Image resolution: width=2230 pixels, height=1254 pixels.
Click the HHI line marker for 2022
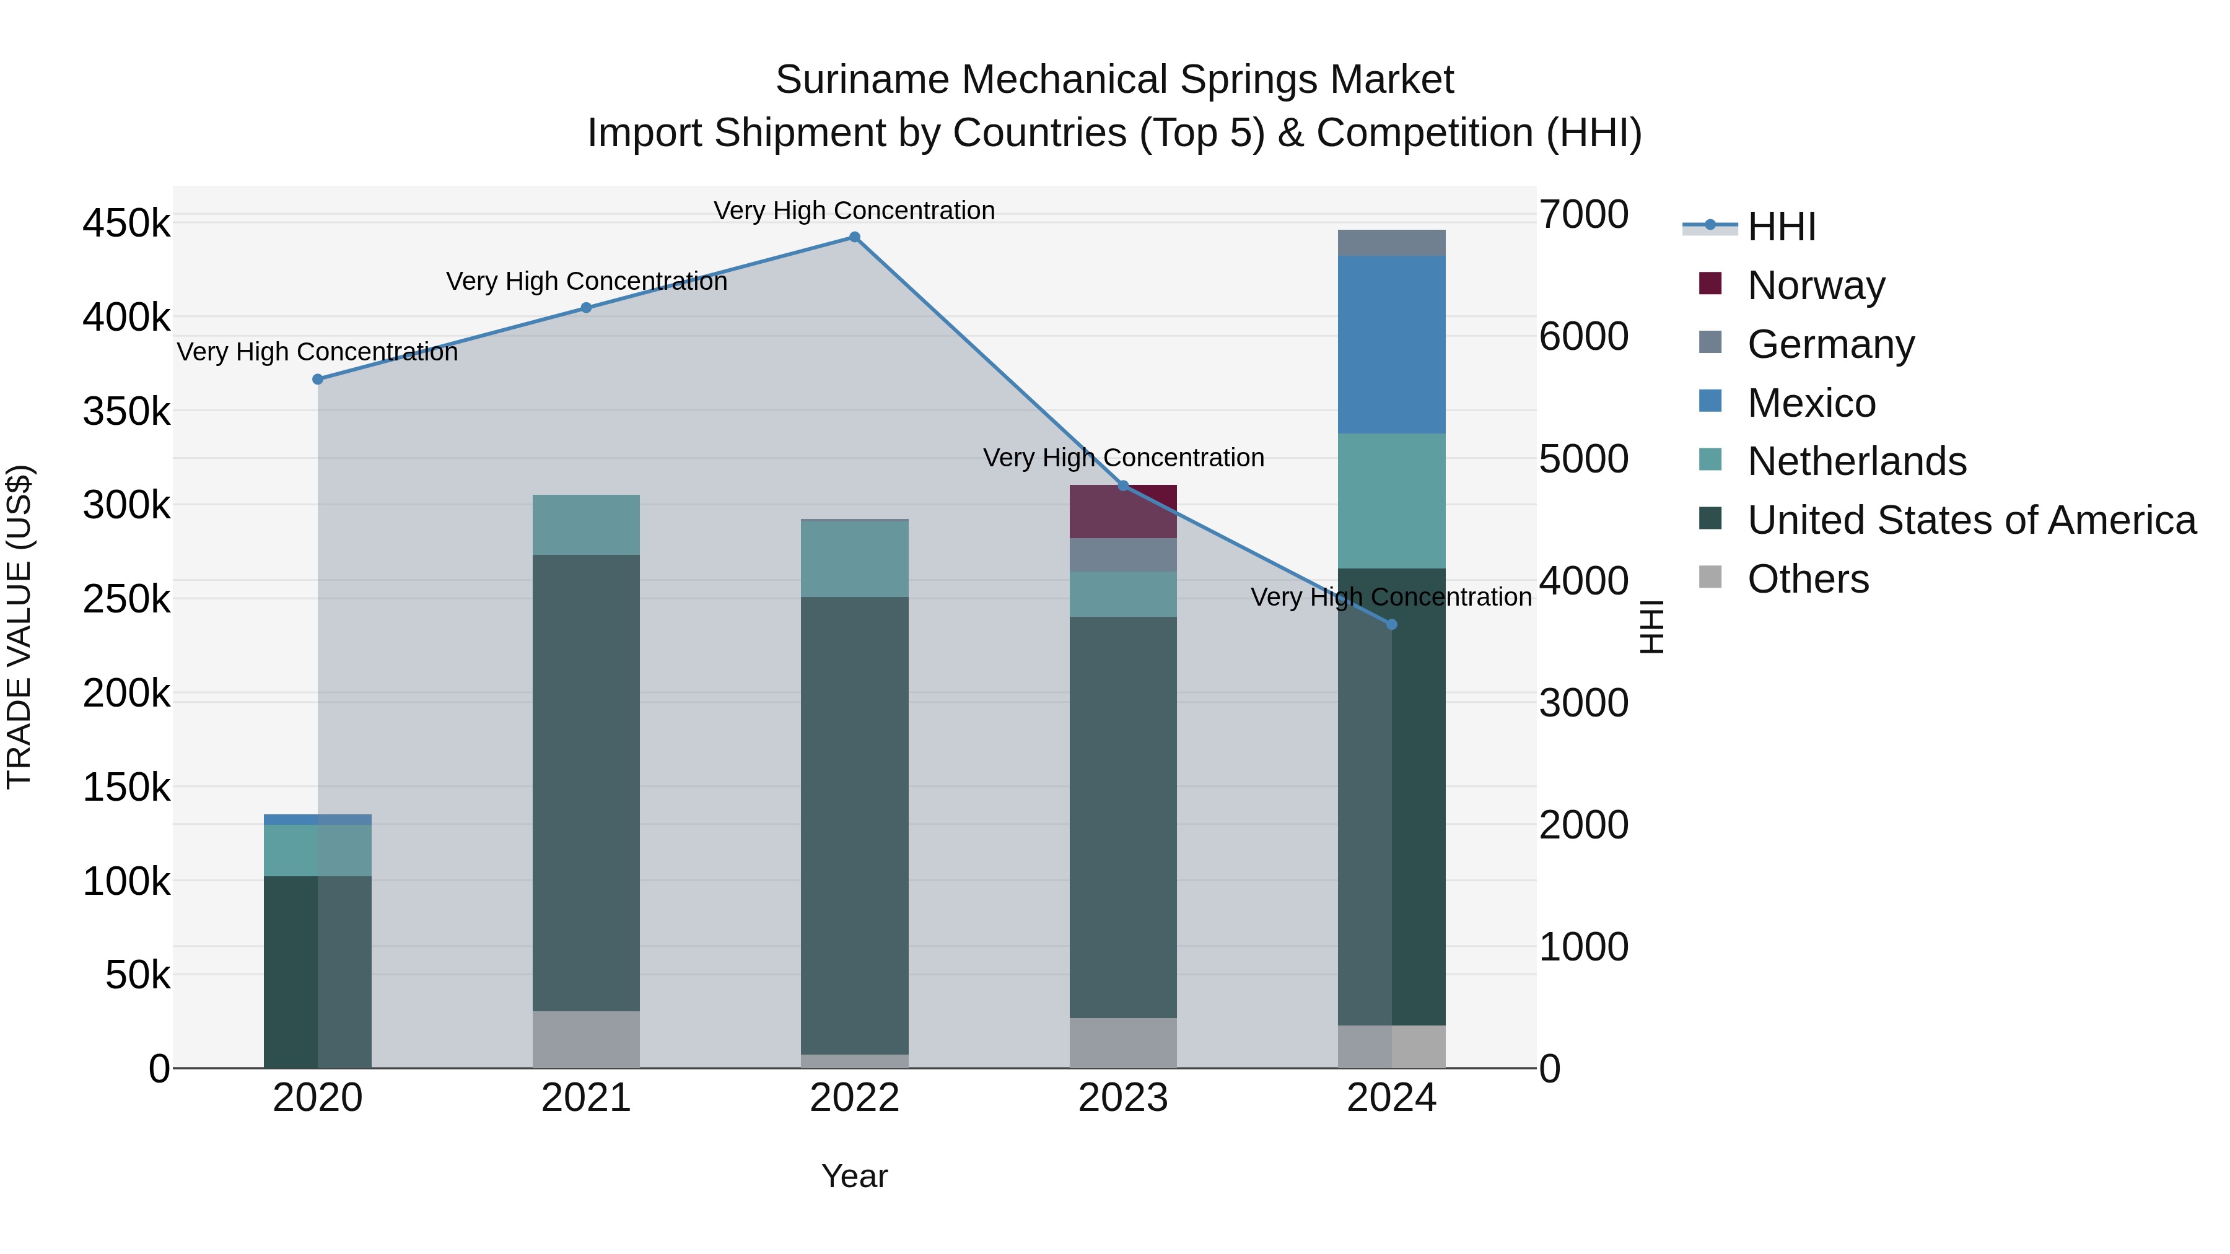pyautogui.click(x=854, y=237)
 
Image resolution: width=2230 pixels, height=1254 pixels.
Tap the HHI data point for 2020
pyautogui.click(x=318, y=379)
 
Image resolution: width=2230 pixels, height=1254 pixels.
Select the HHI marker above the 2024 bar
pyautogui.click(x=1392, y=625)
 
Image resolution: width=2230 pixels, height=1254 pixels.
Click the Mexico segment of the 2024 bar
pyautogui.click(x=1392, y=344)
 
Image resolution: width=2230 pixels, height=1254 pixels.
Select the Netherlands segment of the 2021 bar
pyautogui.click(x=586, y=525)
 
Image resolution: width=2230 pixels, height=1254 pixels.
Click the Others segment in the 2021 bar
pyautogui.click(x=586, y=1038)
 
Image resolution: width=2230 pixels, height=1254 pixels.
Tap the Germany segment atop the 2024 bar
pyautogui.click(x=1392, y=243)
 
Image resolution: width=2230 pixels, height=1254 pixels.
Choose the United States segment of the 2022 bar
pyautogui.click(x=854, y=825)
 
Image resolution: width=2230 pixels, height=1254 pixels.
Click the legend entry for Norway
pyautogui.click(x=1816, y=285)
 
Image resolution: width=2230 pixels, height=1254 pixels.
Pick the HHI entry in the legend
pyautogui.click(x=1781, y=227)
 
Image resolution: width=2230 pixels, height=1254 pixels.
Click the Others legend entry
pyautogui.click(x=1808, y=579)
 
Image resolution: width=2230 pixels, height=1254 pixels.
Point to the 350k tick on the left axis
pyautogui.click(x=127, y=411)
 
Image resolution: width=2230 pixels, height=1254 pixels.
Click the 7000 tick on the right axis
pyautogui.click(x=1583, y=215)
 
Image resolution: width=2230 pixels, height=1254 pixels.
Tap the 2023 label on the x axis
pyautogui.click(x=1123, y=1098)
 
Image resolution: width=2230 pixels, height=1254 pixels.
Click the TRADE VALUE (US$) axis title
pyautogui.click(x=19, y=627)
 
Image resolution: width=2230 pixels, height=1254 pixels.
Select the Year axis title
pyautogui.click(x=854, y=1176)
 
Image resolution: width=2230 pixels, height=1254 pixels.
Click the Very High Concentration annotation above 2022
pyautogui.click(x=854, y=211)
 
